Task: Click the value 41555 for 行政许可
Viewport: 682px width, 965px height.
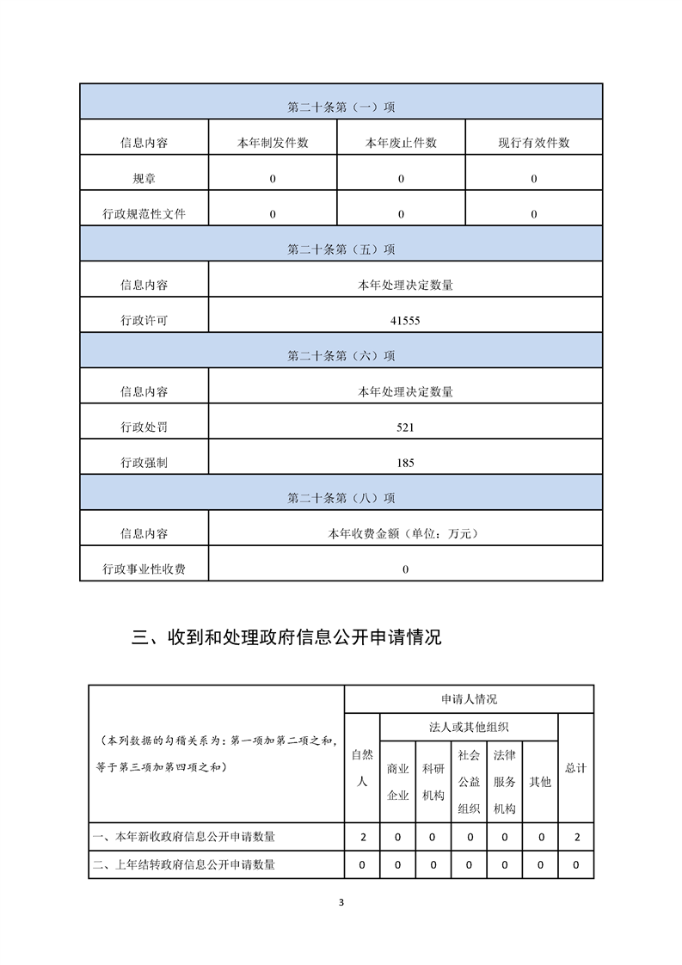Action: point(405,321)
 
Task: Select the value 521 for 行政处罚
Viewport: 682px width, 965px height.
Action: point(405,427)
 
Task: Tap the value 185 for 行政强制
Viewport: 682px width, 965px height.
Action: point(405,463)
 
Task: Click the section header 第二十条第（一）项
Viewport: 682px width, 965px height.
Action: point(341,108)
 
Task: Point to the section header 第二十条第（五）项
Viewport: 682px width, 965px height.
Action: point(341,249)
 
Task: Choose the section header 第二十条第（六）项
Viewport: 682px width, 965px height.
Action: point(341,356)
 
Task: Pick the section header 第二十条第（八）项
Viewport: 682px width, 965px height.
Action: point(341,498)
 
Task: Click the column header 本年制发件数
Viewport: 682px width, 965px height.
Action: point(273,143)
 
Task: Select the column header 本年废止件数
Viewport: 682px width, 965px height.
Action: point(401,143)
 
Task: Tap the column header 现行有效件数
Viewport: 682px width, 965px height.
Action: point(533,143)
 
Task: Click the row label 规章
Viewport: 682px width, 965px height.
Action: point(144,179)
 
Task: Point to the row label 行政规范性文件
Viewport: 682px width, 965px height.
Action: point(144,214)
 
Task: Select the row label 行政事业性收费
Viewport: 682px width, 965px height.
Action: point(144,569)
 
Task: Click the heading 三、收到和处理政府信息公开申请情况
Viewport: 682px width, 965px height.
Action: point(286,638)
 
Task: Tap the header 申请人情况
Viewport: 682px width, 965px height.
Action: point(468,699)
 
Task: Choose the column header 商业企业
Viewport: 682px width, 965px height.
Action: point(397,782)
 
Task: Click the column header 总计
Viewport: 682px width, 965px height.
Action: point(575,768)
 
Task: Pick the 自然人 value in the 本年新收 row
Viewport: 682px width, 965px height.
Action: point(362,836)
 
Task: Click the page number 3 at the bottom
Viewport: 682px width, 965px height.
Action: point(341,902)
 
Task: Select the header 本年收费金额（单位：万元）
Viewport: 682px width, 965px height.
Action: point(405,534)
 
